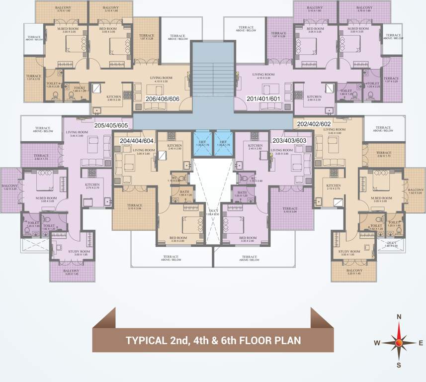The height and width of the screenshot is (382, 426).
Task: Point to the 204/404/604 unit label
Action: tap(137, 141)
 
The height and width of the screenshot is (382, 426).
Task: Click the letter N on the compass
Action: tap(399, 316)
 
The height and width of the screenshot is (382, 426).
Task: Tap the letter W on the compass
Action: tap(377, 343)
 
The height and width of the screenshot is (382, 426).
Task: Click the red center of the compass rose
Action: tap(399, 342)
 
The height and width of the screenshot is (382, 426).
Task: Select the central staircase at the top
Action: tap(213, 75)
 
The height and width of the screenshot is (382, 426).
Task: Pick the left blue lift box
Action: tap(202, 143)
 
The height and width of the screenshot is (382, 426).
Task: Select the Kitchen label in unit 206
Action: tap(114, 97)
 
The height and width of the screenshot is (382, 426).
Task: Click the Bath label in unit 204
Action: tap(184, 192)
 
